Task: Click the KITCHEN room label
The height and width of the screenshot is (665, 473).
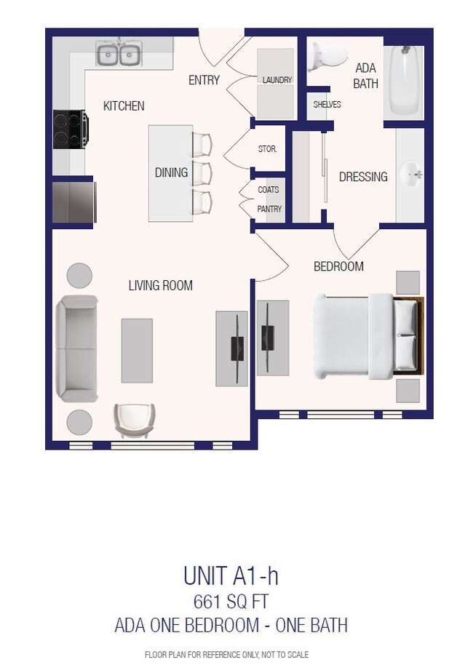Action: pyautogui.click(x=124, y=106)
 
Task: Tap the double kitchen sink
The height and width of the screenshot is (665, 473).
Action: pyautogui.click(x=119, y=55)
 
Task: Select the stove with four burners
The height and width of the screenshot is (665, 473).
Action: pyautogui.click(x=70, y=130)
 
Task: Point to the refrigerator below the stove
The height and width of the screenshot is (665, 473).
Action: pyautogui.click(x=73, y=201)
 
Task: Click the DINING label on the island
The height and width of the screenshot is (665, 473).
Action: pyautogui.click(x=171, y=172)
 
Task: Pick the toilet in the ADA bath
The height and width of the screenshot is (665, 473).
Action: pyautogui.click(x=322, y=56)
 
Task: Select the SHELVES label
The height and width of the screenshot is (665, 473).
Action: pyautogui.click(x=327, y=105)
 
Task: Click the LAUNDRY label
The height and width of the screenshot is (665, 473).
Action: pyautogui.click(x=277, y=80)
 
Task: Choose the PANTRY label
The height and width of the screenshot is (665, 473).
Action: pyautogui.click(x=268, y=210)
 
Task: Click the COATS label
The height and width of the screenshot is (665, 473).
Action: pyautogui.click(x=268, y=190)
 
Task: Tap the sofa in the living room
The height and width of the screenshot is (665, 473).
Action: pyautogui.click(x=76, y=349)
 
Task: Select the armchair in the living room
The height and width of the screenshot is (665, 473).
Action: pyautogui.click(x=135, y=420)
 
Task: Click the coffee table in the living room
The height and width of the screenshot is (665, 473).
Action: pyautogui.click(x=137, y=350)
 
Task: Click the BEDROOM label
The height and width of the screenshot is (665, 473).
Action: pyautogui.click(x=338, y=267)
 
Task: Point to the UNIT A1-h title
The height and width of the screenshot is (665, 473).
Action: pyautogui.click(x=231, y=577)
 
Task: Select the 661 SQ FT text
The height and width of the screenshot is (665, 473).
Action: pyautogui.click(x=231, y=602)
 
